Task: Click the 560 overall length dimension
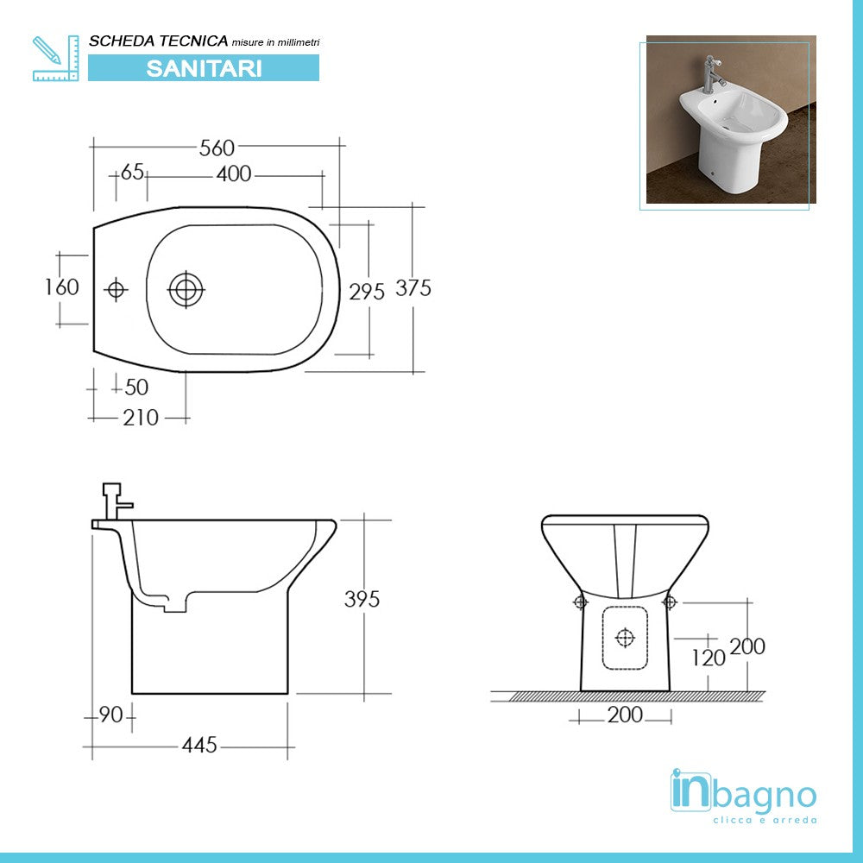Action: click(x=217, y=148)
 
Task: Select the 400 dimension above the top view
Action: click(x=234, y=174)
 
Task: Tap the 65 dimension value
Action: click(x=132, y=172)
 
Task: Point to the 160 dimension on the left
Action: click(x=62, y=287)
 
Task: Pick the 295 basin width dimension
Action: click(x=367, y=292)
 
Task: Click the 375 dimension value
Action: click(x=413, y=288)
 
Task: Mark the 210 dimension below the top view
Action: click(x=141, y=418)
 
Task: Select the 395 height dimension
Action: click(x=362, y=599)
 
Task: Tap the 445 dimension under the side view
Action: click(x=198, y=745)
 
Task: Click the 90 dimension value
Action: click(x=109, y=715)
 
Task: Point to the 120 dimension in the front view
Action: click(x=709, y=658)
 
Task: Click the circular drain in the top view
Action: click(x=186, y=289)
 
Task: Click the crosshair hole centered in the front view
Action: click(x=625, y=638)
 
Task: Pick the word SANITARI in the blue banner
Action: click(x=204, y=68)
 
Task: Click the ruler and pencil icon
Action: click(x=55, y=58)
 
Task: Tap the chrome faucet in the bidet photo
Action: click(x=712, y=72)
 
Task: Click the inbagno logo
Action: click(x=743, y=793)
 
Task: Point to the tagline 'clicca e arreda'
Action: click(x=765, y=820)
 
